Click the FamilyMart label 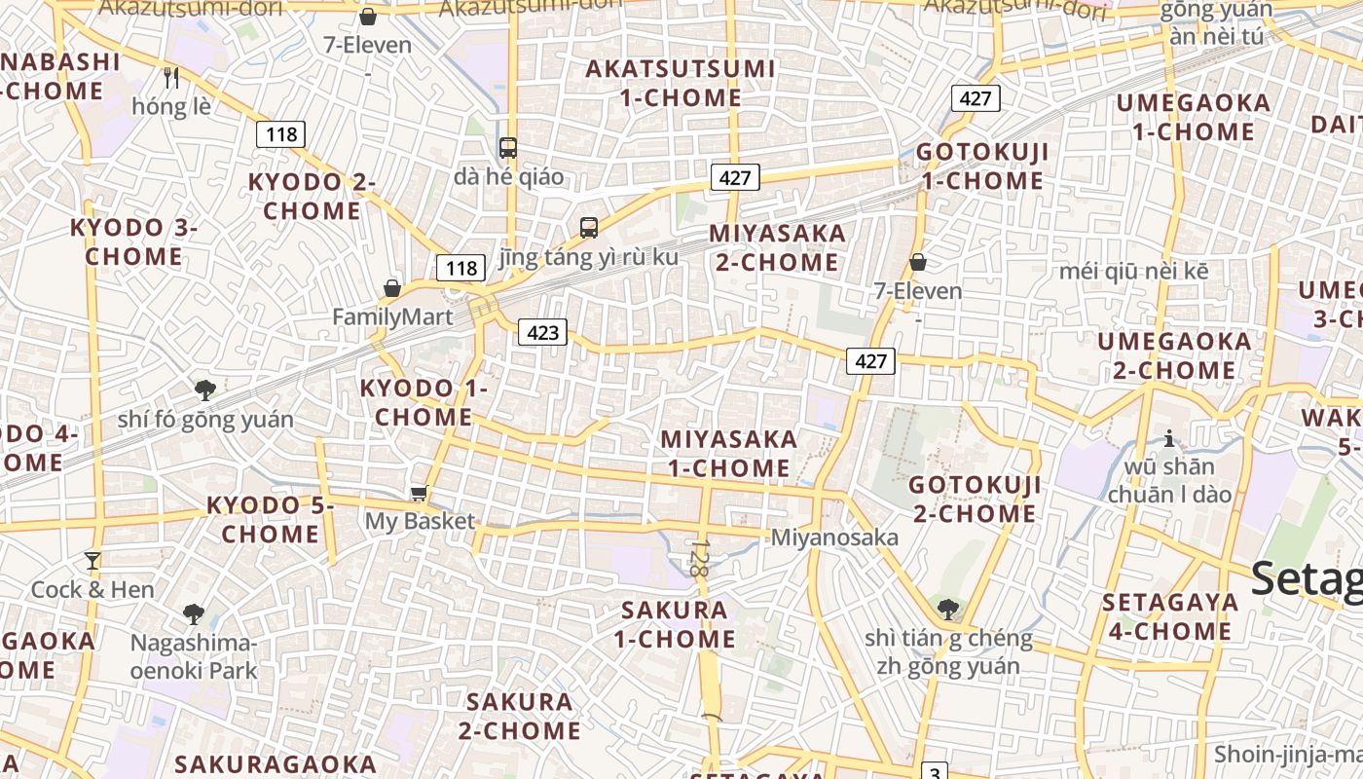392,317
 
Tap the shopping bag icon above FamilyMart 392,288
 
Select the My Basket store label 420,521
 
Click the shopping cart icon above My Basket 420,494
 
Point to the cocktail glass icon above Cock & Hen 92,561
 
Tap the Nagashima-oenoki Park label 194,657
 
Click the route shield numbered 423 542,333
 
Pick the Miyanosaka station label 834,538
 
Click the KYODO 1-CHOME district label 424,402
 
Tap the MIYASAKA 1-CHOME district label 728,454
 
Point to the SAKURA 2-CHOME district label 520,716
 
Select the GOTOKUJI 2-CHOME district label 975,499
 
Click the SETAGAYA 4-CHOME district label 1170,616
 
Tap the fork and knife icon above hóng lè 171,77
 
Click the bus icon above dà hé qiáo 508,148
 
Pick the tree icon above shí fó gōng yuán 204,390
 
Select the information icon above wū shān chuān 1169,439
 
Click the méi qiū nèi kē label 1134,271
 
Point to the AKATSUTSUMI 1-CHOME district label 681,83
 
